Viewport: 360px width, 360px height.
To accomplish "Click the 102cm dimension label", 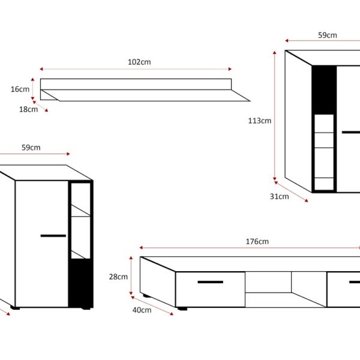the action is [x=139, y=62].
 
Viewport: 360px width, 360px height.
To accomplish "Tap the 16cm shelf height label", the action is [x=20, y=89].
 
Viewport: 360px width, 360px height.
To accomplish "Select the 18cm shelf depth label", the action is [x=28, y=109].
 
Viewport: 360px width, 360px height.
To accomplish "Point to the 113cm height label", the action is [x=260, y=121].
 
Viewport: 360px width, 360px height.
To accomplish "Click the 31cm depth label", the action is [x=279, y=197].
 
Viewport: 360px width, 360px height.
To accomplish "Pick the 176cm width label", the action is [x=257, y=242].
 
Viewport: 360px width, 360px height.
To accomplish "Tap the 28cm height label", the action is [x=118, y=277].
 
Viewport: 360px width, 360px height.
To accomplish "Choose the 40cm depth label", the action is [x=142, y=310].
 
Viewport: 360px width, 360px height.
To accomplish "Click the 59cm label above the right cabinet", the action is [x=328, y=35].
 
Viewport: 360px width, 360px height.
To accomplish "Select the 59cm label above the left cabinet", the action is [x=31, y=148].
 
